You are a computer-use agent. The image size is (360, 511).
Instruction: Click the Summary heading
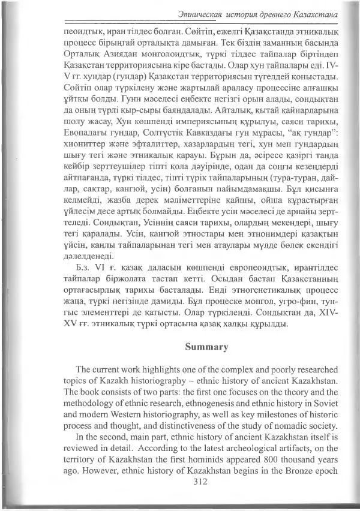pyautogui.click(x=206, y=346)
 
